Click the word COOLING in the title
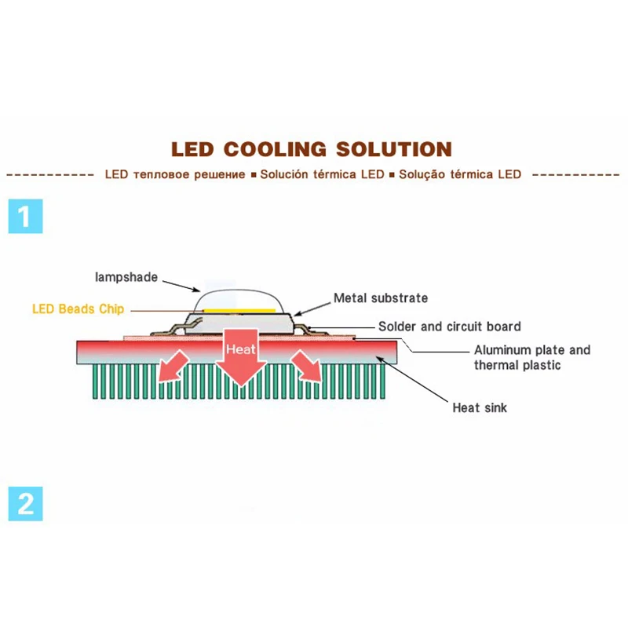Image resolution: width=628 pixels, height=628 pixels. click(x=276, y=149)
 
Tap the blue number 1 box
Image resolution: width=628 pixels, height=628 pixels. click(x=25, y=216)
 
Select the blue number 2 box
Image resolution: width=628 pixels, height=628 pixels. click(x=25, y=503)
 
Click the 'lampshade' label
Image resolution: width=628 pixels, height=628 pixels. click(x=126, y=276)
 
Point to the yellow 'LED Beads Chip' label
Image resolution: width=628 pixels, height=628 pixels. click(x=78, y=309)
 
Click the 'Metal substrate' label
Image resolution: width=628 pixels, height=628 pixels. click(x=381, y=298)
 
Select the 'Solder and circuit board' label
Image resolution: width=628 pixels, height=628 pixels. click(x=449, y=326)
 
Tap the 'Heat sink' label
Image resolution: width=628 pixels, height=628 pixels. click(x=480, y=407)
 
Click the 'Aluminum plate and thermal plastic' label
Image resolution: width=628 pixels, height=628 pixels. click(x=531, y=357)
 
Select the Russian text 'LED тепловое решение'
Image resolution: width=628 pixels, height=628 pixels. click(x=175, y=174)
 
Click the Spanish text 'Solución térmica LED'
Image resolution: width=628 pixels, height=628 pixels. click(x=322, y=174)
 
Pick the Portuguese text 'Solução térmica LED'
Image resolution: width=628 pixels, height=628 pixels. click(x=460, y=174)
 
